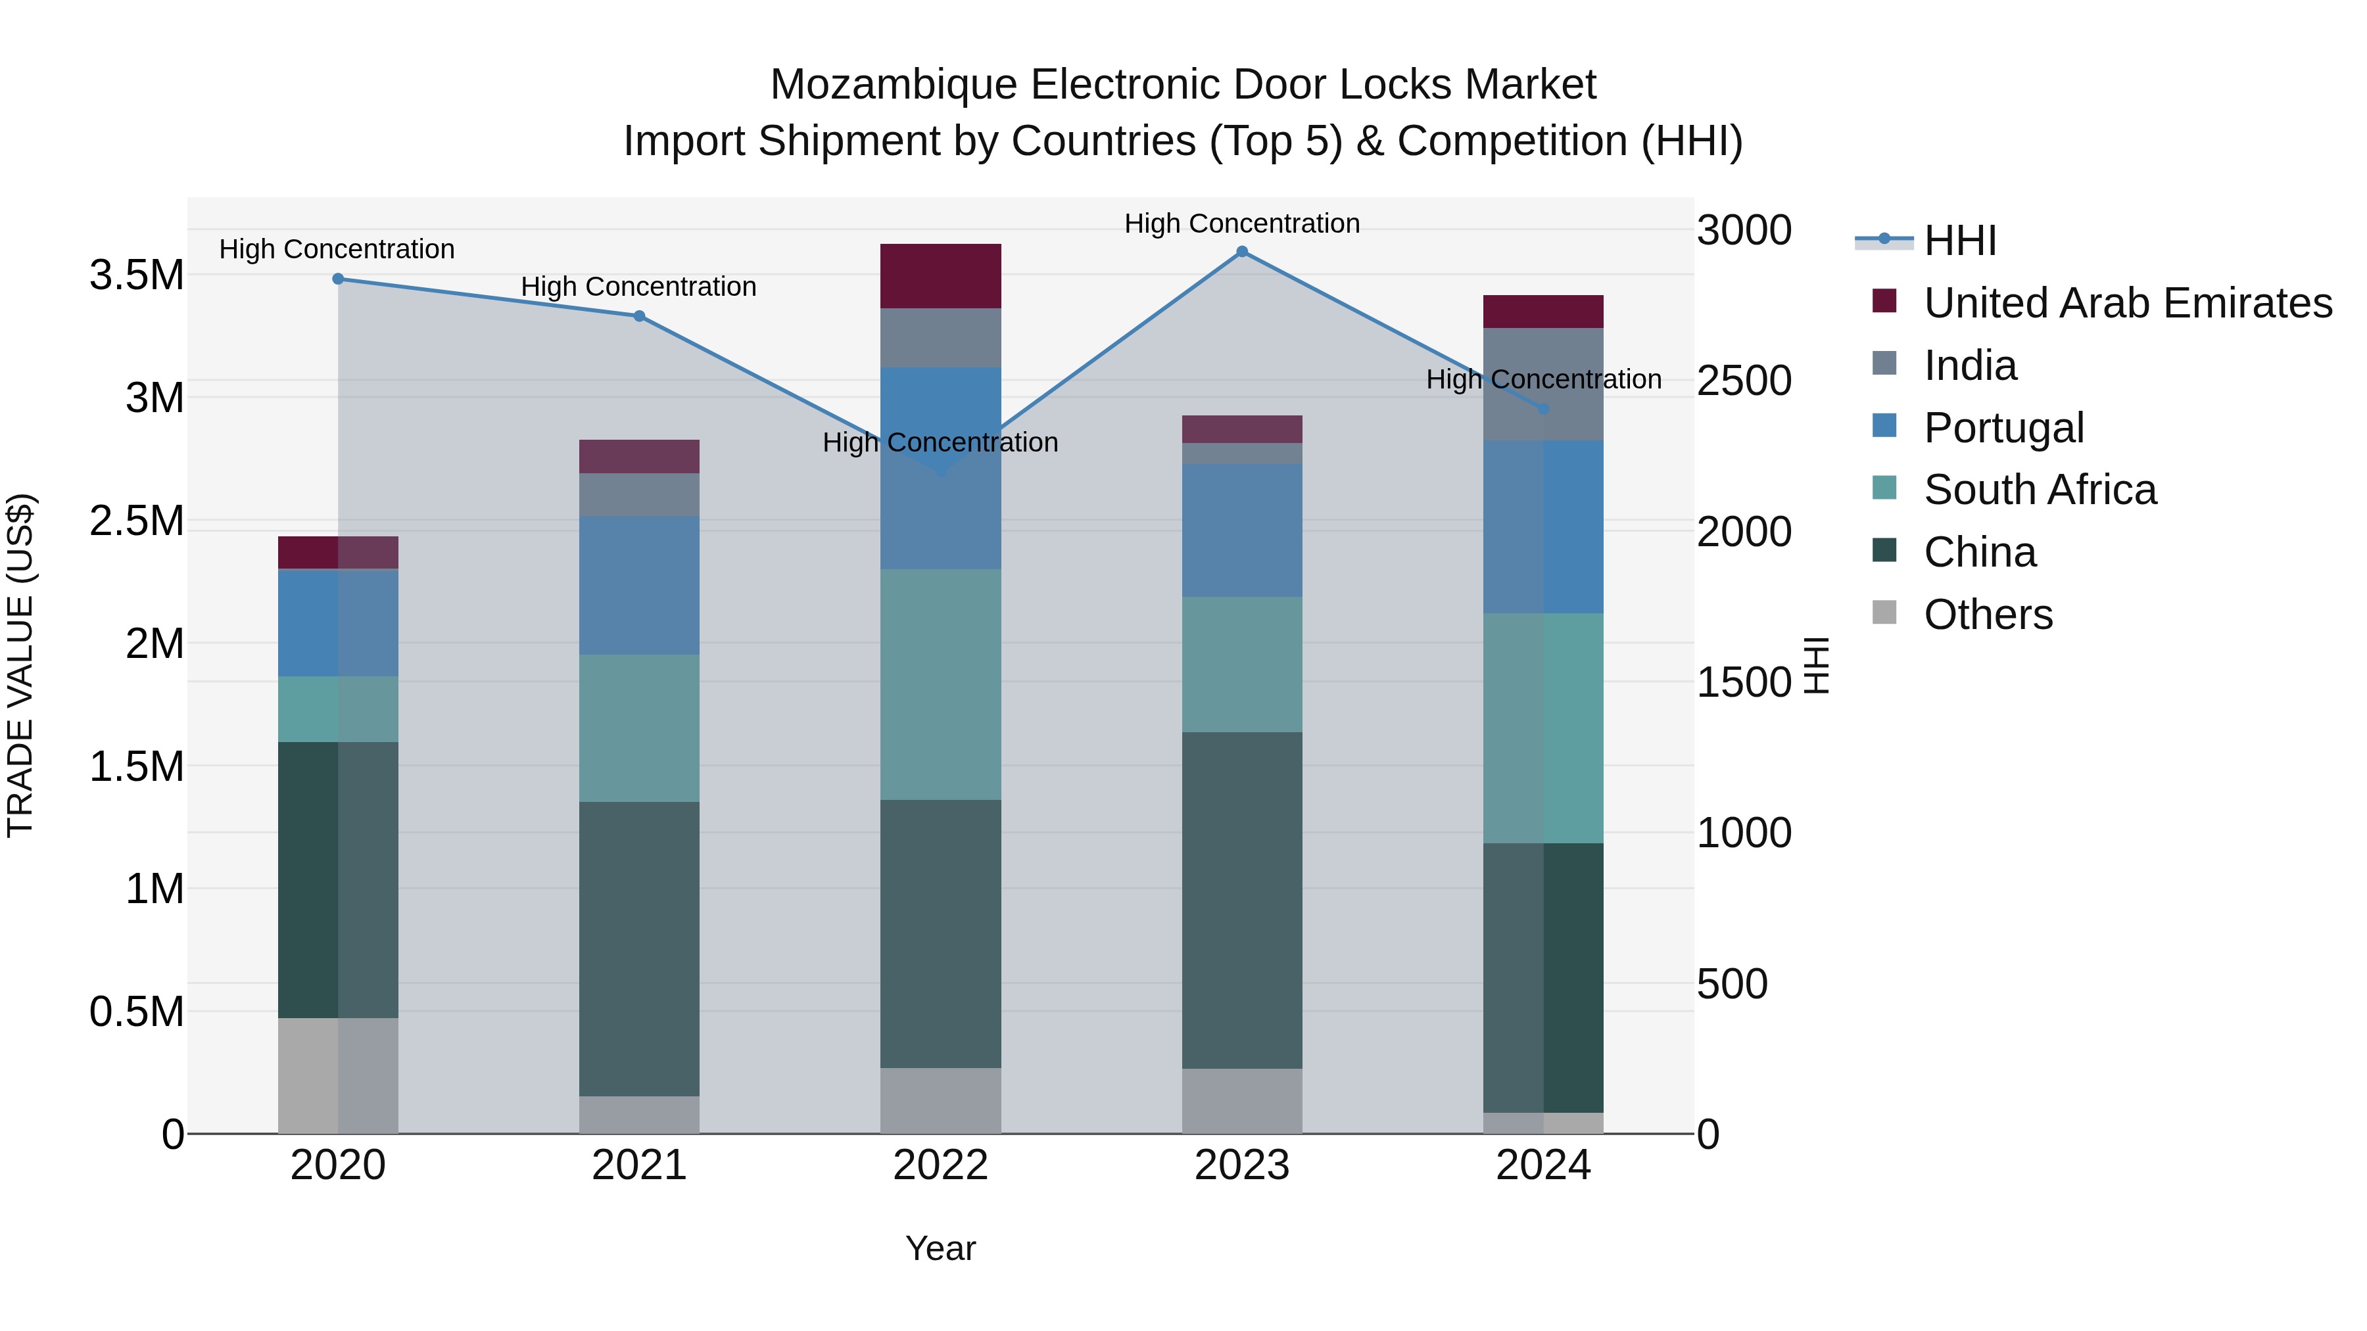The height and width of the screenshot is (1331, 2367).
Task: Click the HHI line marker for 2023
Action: tap(1241, 252)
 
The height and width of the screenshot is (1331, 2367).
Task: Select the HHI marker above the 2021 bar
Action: tap(640, 316)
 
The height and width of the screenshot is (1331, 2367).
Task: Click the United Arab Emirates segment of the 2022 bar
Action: tap(940, 275)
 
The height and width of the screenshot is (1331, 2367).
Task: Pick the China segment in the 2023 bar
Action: tap(1241, 900)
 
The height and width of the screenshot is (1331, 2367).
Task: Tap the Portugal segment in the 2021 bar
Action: tap(640, 585)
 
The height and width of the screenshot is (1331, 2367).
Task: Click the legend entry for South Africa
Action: tap(2039, 490)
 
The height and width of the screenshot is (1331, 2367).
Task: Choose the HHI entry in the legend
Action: tap(1959, 241)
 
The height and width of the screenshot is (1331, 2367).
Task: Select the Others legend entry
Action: tap(1988, 615)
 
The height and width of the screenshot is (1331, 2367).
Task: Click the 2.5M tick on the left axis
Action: tap(136, 521)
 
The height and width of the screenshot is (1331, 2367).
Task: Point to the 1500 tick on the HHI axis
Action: tap(1743, 682)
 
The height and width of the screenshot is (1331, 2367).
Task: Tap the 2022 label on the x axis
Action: tap(940, 1165)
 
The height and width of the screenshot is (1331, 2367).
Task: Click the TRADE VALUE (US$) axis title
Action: tap(20, 665)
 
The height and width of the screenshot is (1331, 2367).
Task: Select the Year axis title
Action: tap(940, 1248)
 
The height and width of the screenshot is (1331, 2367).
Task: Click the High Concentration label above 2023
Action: tap(1241, 223)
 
